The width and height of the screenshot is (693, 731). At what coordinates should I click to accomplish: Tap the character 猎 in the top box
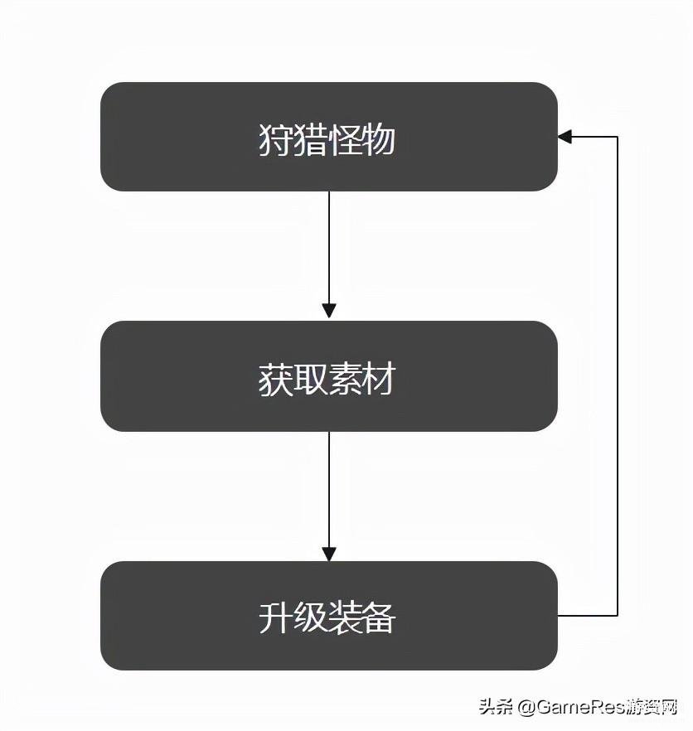pos(310,139)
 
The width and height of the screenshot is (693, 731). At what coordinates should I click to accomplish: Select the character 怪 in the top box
pos(345,139)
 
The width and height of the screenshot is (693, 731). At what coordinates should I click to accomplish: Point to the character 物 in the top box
pos(379,139)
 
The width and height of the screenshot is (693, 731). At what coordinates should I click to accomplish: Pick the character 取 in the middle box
pos(310,379)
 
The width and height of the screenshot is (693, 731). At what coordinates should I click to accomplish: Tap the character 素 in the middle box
pos(345,379)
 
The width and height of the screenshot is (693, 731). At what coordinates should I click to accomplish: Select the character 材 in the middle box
pos(379,379)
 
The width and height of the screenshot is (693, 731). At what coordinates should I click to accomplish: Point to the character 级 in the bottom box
pos(310,617)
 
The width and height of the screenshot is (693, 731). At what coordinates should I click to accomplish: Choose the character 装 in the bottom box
pos(345,617)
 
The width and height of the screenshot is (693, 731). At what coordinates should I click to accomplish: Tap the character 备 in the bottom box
pos(379,617)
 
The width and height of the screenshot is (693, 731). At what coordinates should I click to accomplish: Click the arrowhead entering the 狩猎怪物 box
pos(565,137)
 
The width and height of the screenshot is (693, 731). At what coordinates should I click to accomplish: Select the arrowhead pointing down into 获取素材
pos(329,311)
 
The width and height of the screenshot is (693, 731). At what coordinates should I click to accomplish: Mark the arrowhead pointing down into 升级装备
pos(329,554)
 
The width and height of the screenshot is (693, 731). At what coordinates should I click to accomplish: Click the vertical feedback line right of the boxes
pos(618,376)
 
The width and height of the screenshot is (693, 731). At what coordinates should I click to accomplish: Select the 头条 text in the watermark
pos(497,707)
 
